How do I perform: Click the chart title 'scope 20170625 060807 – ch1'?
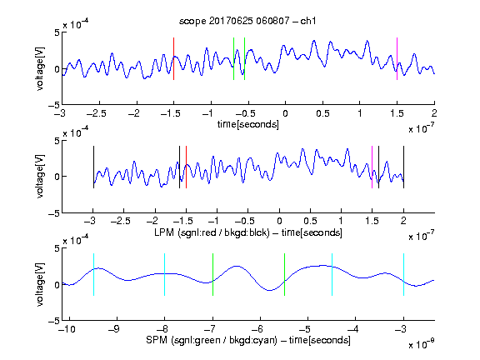point(247,21)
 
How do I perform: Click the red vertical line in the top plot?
point(173,59)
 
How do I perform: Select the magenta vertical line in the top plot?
point(397,59)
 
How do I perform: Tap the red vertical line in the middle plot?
point(186,167)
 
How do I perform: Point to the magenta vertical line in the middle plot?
point(372,167)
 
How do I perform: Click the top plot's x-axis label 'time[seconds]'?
point(248,124)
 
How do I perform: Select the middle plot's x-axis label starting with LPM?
point(248,232)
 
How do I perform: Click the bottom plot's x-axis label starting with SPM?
point(248,340)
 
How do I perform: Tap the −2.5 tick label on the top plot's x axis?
point(97,113)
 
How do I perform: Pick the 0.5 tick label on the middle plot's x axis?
point(310,221)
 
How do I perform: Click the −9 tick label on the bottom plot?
point(114,329)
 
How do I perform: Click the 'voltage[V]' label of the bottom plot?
point(40,284)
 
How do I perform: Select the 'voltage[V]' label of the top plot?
point(40,68)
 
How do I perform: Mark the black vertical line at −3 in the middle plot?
point(93,167)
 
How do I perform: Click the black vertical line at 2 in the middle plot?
point(403,167)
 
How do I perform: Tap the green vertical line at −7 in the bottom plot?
point(212,275)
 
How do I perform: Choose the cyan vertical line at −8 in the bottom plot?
point(164,275)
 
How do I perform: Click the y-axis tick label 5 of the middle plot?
point(57,141)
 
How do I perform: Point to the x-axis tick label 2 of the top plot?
point(434,113)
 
